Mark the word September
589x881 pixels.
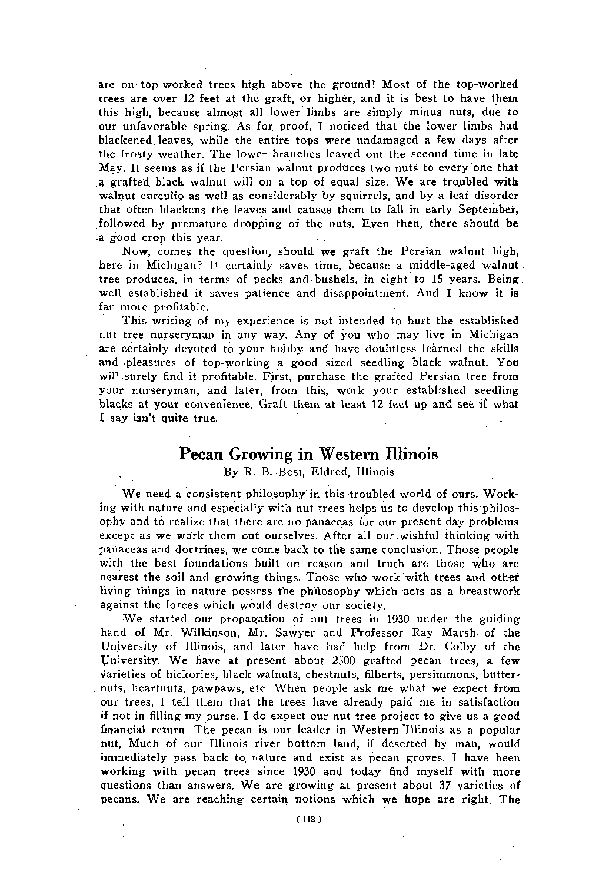[x=486, y=210]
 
